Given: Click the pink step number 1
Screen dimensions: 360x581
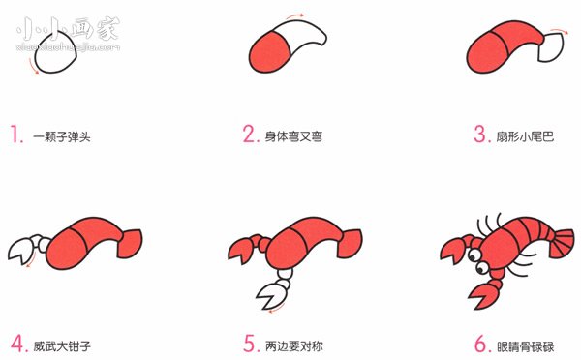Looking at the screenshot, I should pos(16,135).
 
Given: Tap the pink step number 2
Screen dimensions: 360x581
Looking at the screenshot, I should pos(249,135).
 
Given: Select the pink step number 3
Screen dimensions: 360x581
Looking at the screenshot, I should pos(480,135).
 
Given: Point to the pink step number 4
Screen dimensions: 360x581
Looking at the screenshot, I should pos(17,343).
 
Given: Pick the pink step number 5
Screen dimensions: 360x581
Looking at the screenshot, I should pos(249,343).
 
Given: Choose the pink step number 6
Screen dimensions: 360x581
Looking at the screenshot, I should pos(480,343).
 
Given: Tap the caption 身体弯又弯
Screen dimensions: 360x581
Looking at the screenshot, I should pos(294,135).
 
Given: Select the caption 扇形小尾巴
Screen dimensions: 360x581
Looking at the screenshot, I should pos(526,135).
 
